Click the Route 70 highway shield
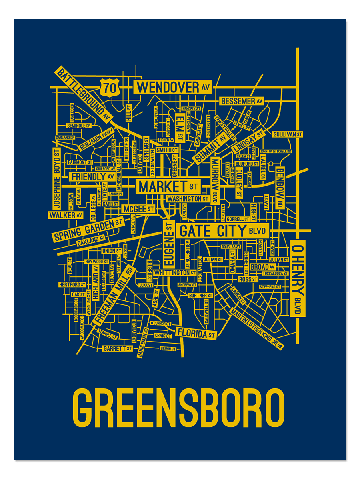point(110,87)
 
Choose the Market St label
point(168,186)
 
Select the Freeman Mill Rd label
point(112,294)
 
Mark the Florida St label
point(196,333)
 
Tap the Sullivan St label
point(287,134)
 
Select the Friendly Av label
point(92,176)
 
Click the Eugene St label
point(168,244)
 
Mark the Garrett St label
point(117,348)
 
